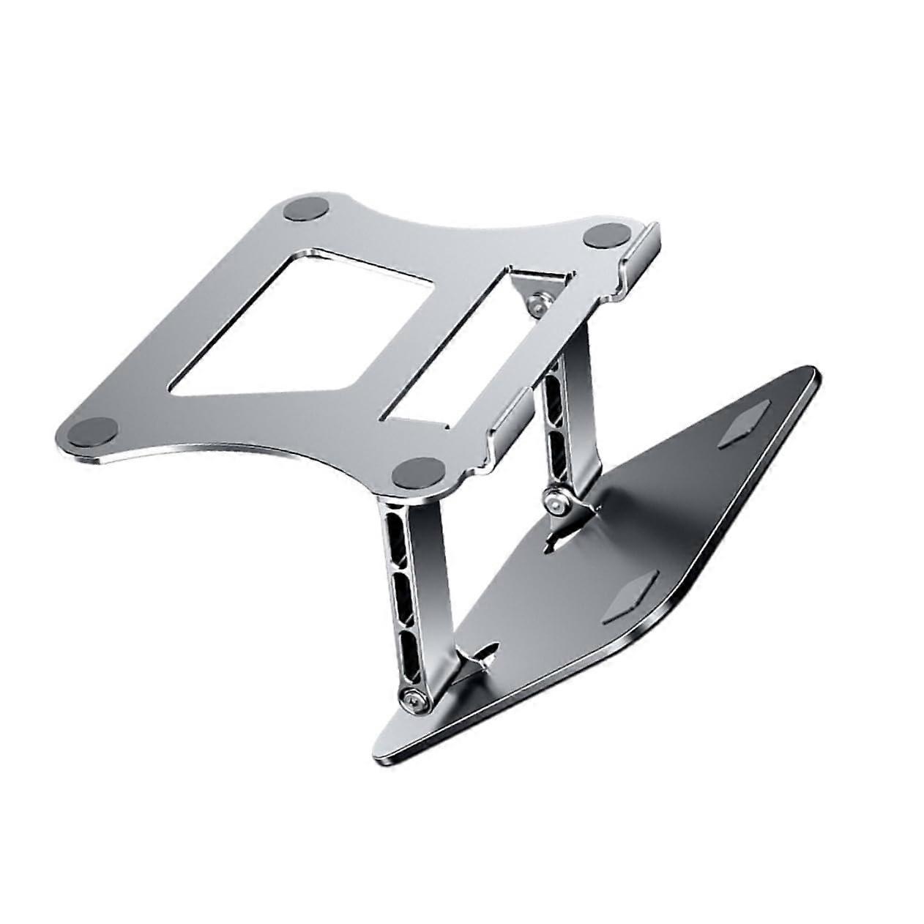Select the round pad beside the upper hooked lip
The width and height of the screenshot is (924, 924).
click(x=603, y=237)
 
